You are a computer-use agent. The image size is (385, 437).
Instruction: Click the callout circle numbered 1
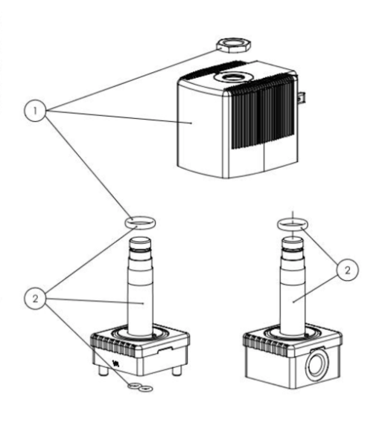click(x=35, y=111)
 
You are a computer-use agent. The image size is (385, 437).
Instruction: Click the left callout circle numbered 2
click(x=35, y=299)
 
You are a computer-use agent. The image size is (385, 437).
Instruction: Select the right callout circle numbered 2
click(x=347, y=270)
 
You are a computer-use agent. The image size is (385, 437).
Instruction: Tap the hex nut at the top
click(x=234, y=45)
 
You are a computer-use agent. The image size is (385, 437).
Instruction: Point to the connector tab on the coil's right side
click(x=301, y=98)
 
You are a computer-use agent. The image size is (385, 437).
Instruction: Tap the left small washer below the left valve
click(x=134, y=386)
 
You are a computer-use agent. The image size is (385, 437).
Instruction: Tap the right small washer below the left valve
click(x=146, y=388)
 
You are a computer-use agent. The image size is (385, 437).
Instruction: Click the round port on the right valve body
click(x=317, y=364)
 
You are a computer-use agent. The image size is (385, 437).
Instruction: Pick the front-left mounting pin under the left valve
click(x=103, y=372)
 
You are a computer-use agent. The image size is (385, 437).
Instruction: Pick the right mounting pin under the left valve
click(x=177, y=371)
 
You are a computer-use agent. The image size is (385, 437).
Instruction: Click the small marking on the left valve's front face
click(x=115, y=363)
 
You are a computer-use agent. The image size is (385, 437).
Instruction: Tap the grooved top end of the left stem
click(x=140, y=245)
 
